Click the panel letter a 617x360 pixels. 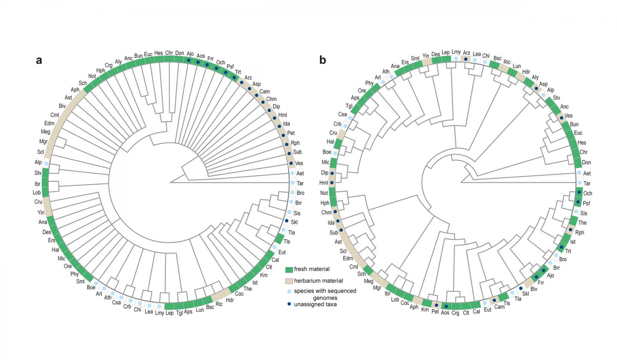[39, 60]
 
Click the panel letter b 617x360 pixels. [323, 60]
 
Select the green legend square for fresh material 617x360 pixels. [289, 270]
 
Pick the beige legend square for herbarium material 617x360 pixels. [289, 281]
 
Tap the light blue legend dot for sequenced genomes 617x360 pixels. [289, 291]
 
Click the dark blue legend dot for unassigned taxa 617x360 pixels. [289, 304]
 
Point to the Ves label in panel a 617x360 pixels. [299, 163]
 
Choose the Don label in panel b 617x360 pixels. [587, 162]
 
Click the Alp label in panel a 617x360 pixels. [38, 162]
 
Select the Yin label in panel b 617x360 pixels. [425, 56]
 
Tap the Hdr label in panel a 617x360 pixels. [230, 300]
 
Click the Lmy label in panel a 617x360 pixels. [159, 313]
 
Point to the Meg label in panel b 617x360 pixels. [368, 281]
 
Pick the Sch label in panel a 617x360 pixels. [83, 83]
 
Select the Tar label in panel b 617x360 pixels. [587, 183]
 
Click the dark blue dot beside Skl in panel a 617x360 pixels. [287, 221]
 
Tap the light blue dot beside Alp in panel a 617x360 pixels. [46, 164]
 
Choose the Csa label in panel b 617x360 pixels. [342, 114]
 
